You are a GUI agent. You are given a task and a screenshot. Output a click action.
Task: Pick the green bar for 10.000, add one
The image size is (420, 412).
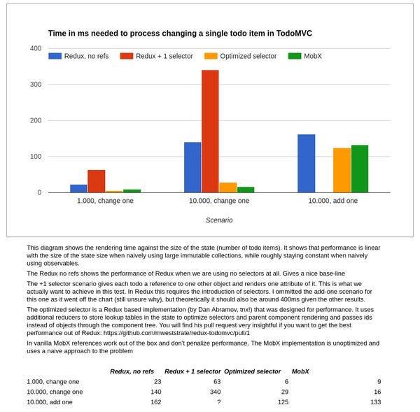click(x=360, y=169)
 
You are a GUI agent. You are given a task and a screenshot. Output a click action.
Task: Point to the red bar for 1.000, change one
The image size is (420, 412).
click(x=97, y=180)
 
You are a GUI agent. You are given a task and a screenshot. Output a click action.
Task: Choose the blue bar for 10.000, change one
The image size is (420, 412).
click(x=192, y=167)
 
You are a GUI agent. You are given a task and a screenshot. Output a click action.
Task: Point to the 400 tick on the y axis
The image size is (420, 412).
click(x=35, y=48)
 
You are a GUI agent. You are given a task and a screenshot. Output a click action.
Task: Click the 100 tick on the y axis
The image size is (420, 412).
click(x=35, y=157)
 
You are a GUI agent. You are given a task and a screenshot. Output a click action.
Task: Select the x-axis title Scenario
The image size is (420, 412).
click(x=219, y=220)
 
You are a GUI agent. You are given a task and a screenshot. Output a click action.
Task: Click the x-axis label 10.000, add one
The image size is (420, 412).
click(x=333, y=201)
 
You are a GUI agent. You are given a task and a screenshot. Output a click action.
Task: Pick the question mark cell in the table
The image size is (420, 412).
click(x=219, y=402)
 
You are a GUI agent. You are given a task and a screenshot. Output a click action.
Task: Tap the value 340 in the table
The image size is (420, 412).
click(x=216, y=392)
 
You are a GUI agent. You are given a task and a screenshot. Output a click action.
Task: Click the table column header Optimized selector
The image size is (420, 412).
click(x=253, y=371)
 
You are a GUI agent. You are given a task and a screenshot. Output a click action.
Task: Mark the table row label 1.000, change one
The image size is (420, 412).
click(x=53, y=382)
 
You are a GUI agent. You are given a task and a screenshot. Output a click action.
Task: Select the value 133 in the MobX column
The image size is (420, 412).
click(x=375, y=402)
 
